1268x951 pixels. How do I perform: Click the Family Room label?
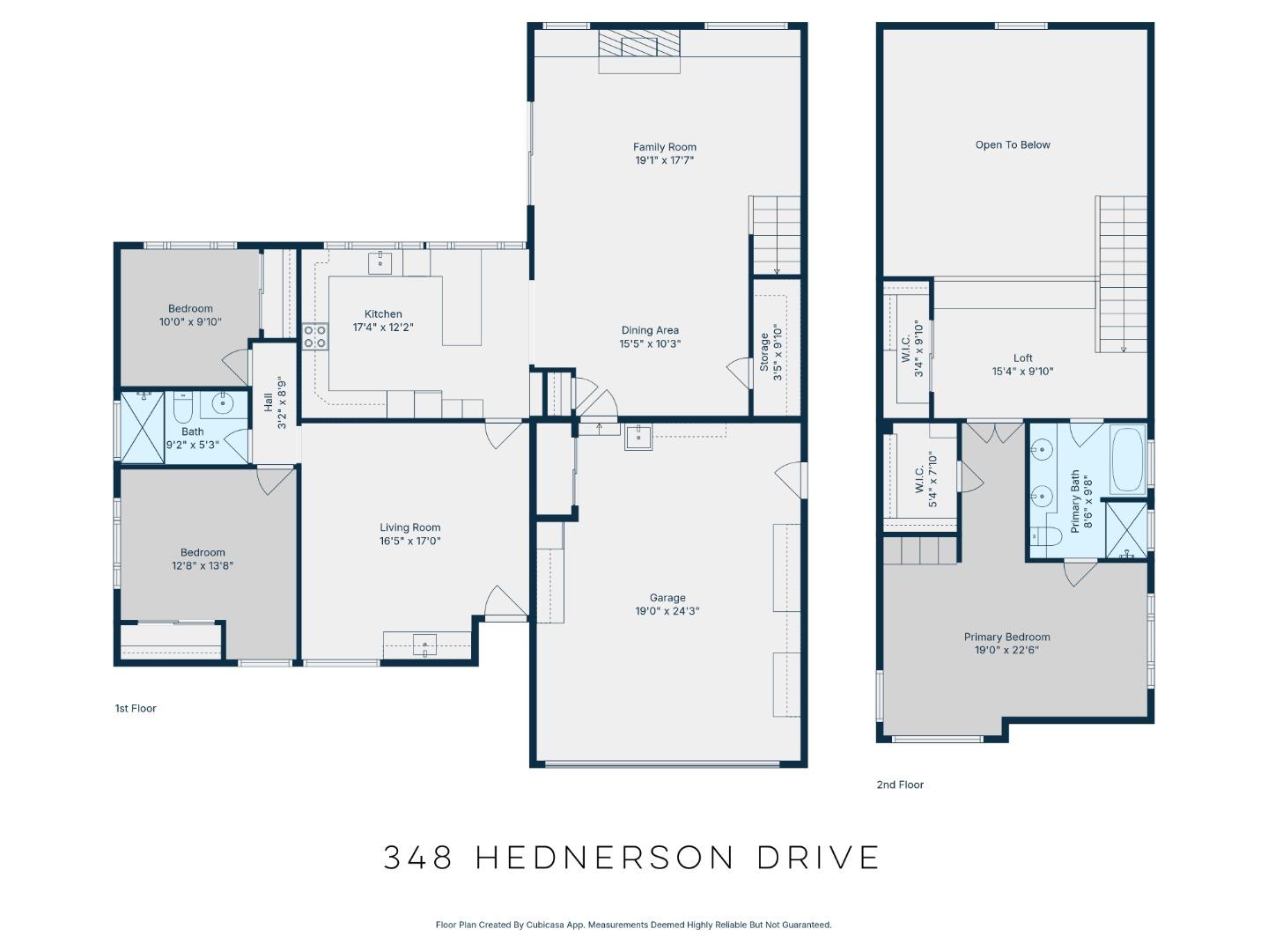664,147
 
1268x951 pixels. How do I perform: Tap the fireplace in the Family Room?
639,51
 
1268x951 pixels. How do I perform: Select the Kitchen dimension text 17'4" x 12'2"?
383,328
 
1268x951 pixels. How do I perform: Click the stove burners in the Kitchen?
315,336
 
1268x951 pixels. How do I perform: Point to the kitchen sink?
380,262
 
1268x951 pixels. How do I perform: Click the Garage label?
667,598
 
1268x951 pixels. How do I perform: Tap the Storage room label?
763,352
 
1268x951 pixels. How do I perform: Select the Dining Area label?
650,330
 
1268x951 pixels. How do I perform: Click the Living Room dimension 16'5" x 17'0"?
409,542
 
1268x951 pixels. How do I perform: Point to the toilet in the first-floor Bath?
183,409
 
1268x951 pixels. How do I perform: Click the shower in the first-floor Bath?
142,428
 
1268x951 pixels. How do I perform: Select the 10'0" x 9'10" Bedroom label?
190,309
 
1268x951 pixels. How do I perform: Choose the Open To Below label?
1013,145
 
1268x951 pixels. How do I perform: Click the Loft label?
1022,358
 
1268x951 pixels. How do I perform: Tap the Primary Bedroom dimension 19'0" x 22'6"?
1006,651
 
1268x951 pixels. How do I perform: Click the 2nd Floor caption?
900,785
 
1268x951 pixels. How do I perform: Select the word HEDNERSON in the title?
604,858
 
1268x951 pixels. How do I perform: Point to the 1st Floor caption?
136,708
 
